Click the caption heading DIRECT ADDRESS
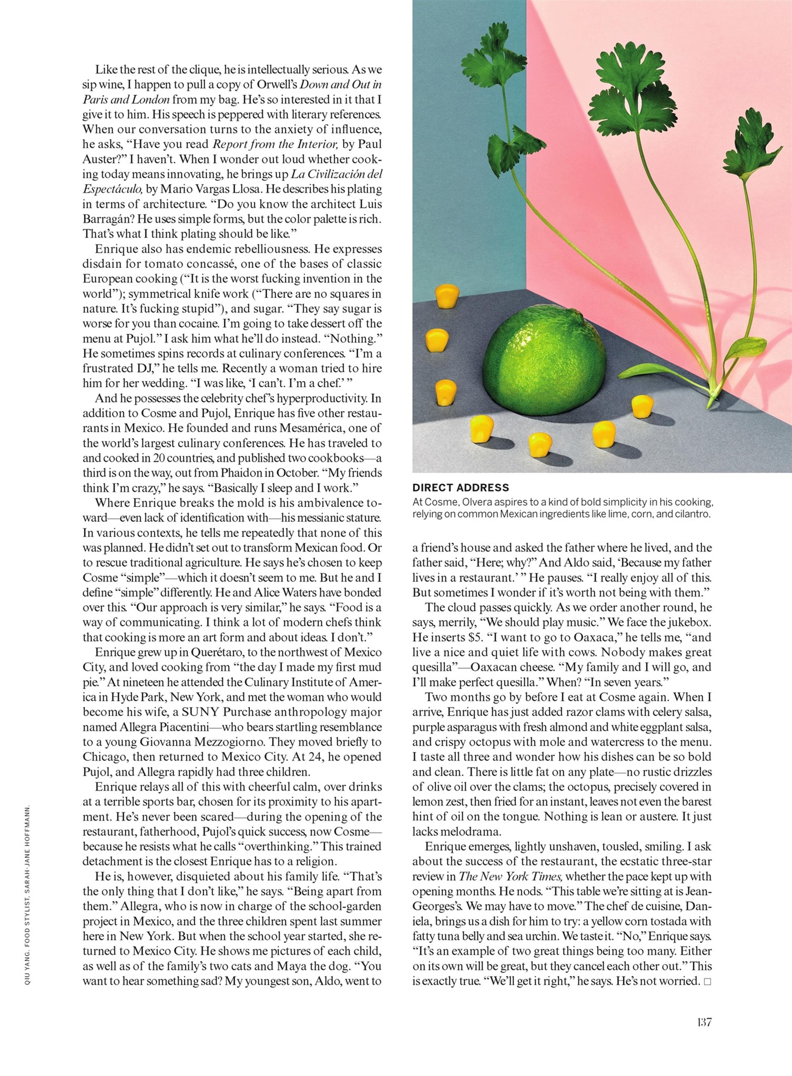click(460, 488)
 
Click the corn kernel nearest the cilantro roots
click(642, 406)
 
